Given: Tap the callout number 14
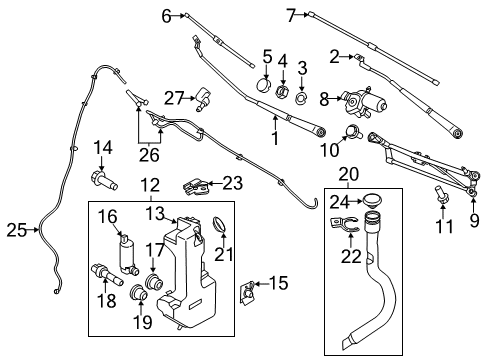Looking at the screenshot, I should [102, 150].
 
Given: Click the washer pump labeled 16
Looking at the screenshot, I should [126, 248].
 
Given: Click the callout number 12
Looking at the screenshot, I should [149, 185].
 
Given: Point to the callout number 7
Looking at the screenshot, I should [292, 15].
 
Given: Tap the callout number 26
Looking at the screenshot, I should [147, 155].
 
